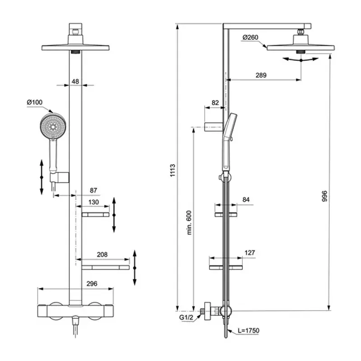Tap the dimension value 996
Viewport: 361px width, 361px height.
click(325, 196)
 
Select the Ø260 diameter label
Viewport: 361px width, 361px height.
click(250, 37)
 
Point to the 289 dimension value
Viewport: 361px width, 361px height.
click(261, 75)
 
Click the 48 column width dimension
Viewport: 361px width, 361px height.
click(75, 82)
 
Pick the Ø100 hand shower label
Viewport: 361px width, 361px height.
click(35, 103)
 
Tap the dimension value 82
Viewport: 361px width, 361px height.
click(215, 103)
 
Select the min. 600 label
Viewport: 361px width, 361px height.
click(190, 222)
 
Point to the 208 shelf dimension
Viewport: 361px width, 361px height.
click(102, 255)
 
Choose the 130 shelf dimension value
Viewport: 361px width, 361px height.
click(94, 202)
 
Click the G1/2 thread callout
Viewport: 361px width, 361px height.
click(185, 318)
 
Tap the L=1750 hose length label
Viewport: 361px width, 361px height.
click(249, 331)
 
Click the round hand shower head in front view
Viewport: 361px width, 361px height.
click(53, 127)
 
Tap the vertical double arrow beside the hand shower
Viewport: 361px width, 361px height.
click(41, 177)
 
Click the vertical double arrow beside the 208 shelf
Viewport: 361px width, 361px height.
click(135, 267)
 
